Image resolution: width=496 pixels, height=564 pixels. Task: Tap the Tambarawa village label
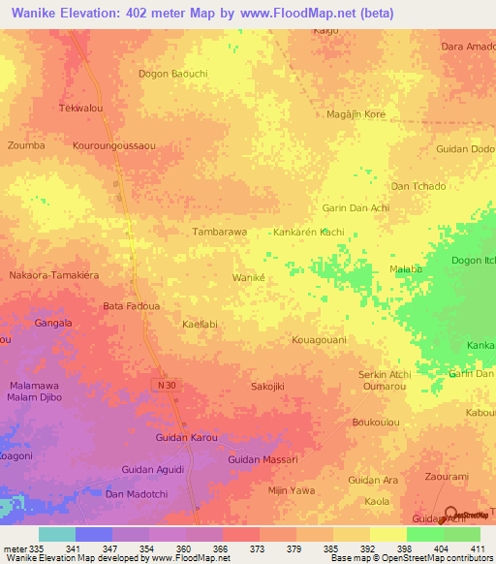pos(220,233)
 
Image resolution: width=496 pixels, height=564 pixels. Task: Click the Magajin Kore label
pos(356,114)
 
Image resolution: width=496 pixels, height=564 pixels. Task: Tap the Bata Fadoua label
pos(131,306)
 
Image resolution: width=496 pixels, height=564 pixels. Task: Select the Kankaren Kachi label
pos(308,234)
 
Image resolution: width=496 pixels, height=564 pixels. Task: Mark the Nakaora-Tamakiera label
pos(54,276)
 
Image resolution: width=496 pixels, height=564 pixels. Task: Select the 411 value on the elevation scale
pos(479,548)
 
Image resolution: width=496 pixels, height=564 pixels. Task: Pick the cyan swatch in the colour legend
pos(56,534)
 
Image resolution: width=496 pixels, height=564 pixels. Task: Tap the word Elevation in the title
pos(93,13)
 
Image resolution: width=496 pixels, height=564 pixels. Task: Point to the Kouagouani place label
pos(319,340)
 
